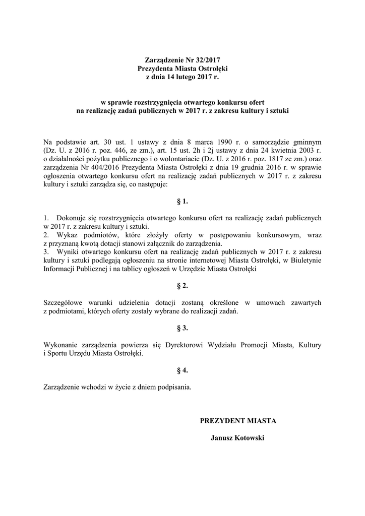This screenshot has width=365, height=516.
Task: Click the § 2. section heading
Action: (182, 286)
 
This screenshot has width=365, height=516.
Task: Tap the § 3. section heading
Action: (182, 328)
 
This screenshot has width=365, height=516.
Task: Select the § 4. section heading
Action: (182, 370)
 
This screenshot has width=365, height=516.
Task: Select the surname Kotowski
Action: (248, 438)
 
